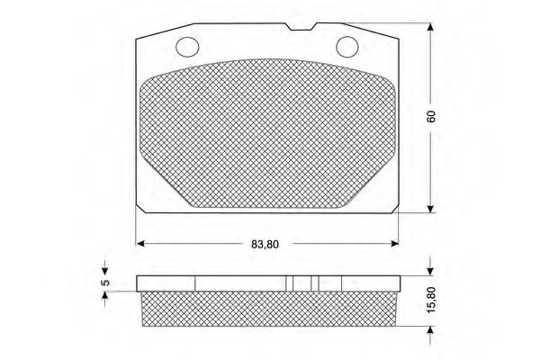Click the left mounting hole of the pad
click(x=187, y=47)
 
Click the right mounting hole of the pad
click(x=347, y=47)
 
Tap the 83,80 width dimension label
click(x=265, y=244)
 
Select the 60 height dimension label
click(x=431, y=116)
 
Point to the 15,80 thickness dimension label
click(x=431, y=300)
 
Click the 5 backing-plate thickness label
click(x=105, y=282)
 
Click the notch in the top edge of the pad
click(x=302, y=27)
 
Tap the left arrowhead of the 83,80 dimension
click(x=140, y=244)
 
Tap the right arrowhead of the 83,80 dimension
click(x=395, y=244)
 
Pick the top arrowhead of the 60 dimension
click(x=430, y=27)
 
